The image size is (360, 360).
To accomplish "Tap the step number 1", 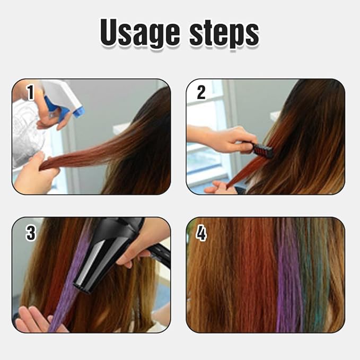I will point(30,93).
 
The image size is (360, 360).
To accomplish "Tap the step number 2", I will point(201,93).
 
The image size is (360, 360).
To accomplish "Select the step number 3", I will point(30,232).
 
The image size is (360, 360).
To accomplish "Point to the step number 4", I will point(201,232).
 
